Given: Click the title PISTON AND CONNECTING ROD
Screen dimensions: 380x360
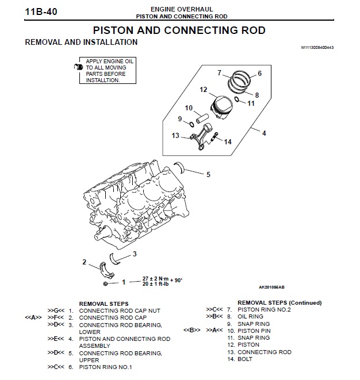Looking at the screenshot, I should coord(179,30).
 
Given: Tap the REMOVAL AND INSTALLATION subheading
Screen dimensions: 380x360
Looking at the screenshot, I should coord(81,42).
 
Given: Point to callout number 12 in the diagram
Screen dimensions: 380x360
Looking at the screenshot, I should coord(203,90).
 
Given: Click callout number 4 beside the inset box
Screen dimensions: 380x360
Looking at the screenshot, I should coord(264,133).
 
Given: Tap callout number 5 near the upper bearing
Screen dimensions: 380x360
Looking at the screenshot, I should coord(208,174).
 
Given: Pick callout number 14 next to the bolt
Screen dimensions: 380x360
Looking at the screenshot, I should coord(228,141).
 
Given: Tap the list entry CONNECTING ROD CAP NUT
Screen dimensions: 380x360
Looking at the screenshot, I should coord(119,310).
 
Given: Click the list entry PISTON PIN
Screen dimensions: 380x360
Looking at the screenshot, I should coord(254,331).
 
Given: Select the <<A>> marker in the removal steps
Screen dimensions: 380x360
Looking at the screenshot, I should coord(33,317).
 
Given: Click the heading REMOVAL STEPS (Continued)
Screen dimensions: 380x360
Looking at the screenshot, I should coord(279,303).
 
